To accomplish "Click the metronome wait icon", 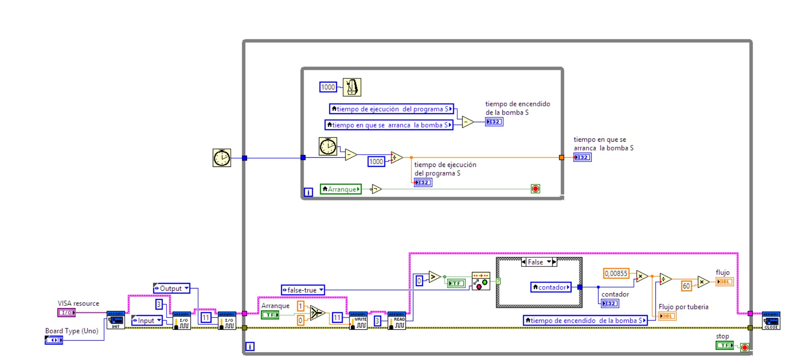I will [x=352, y=87].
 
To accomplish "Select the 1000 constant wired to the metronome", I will [x=328, y=87].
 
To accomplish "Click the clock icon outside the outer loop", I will [x=222, y=158].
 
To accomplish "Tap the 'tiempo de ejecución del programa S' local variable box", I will [x=391, y=109].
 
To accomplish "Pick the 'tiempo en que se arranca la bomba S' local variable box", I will [x=389, y=125].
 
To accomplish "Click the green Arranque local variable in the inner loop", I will [x=341, y=189].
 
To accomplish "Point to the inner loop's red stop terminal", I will [x=535, y=189].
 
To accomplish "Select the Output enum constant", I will [x=172, y=288].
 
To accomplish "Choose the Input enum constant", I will [x=147, y=321].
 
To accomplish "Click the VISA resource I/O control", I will [x=67, y=313].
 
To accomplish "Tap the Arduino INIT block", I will [x=116, y=320].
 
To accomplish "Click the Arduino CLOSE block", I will [x=771, y=321].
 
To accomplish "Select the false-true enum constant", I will [x=303, y=290].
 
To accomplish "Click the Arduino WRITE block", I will [x=358, y=321].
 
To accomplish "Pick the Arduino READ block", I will [x=396, y=321].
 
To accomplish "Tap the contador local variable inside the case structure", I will [x=551, y=288].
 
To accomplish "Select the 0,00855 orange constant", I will [x=616, y=273].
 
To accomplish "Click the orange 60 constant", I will [x=686, y=286].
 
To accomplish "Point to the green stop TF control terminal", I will [x=725, y=345].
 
